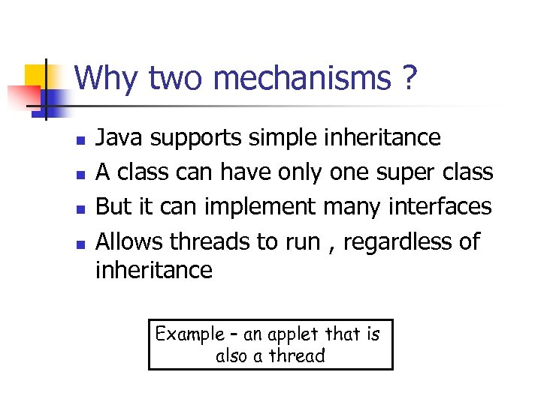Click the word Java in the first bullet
pos(121,138)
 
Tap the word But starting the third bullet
pos(114,207)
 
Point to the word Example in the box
pos(189,334)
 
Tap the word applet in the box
pos(292,335)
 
